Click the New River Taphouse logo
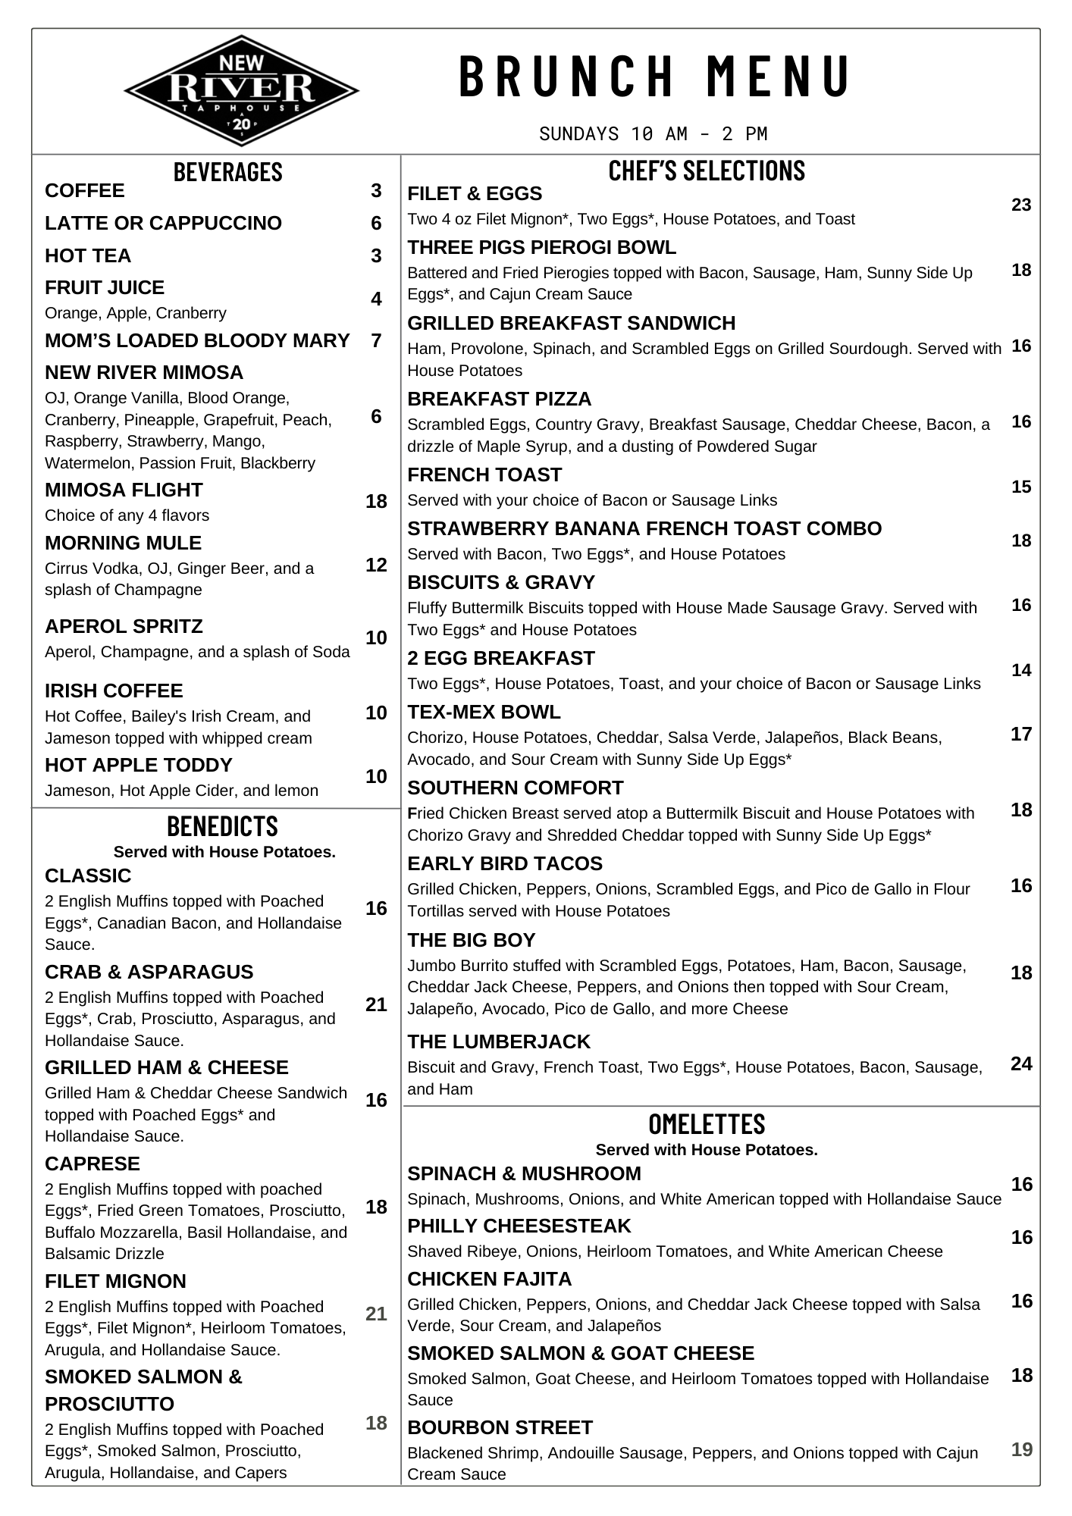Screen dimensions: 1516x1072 241,90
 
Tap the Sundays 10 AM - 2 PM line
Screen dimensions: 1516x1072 653,134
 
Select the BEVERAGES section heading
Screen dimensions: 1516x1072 227,172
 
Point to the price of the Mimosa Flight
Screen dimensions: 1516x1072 376,501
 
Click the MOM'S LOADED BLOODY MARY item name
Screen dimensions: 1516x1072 197,341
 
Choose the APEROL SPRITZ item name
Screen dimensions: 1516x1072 124,627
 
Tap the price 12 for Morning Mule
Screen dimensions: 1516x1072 376,565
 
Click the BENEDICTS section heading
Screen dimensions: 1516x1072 222,825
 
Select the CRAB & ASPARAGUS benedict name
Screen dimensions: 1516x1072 149,972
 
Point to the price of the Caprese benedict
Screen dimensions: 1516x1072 376,1207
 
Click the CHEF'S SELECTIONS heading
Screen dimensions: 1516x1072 707,171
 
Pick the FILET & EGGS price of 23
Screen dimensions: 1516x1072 1021,205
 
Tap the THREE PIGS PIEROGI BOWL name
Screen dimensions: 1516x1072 541,248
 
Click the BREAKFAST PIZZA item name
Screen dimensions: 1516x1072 499,399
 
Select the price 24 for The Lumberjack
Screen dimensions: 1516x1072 1021,1063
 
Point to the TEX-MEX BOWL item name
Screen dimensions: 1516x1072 484,713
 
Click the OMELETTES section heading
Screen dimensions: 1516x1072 707,1123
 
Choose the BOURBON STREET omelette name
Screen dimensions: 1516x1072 500,1428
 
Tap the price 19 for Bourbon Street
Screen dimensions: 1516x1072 1021,1449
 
